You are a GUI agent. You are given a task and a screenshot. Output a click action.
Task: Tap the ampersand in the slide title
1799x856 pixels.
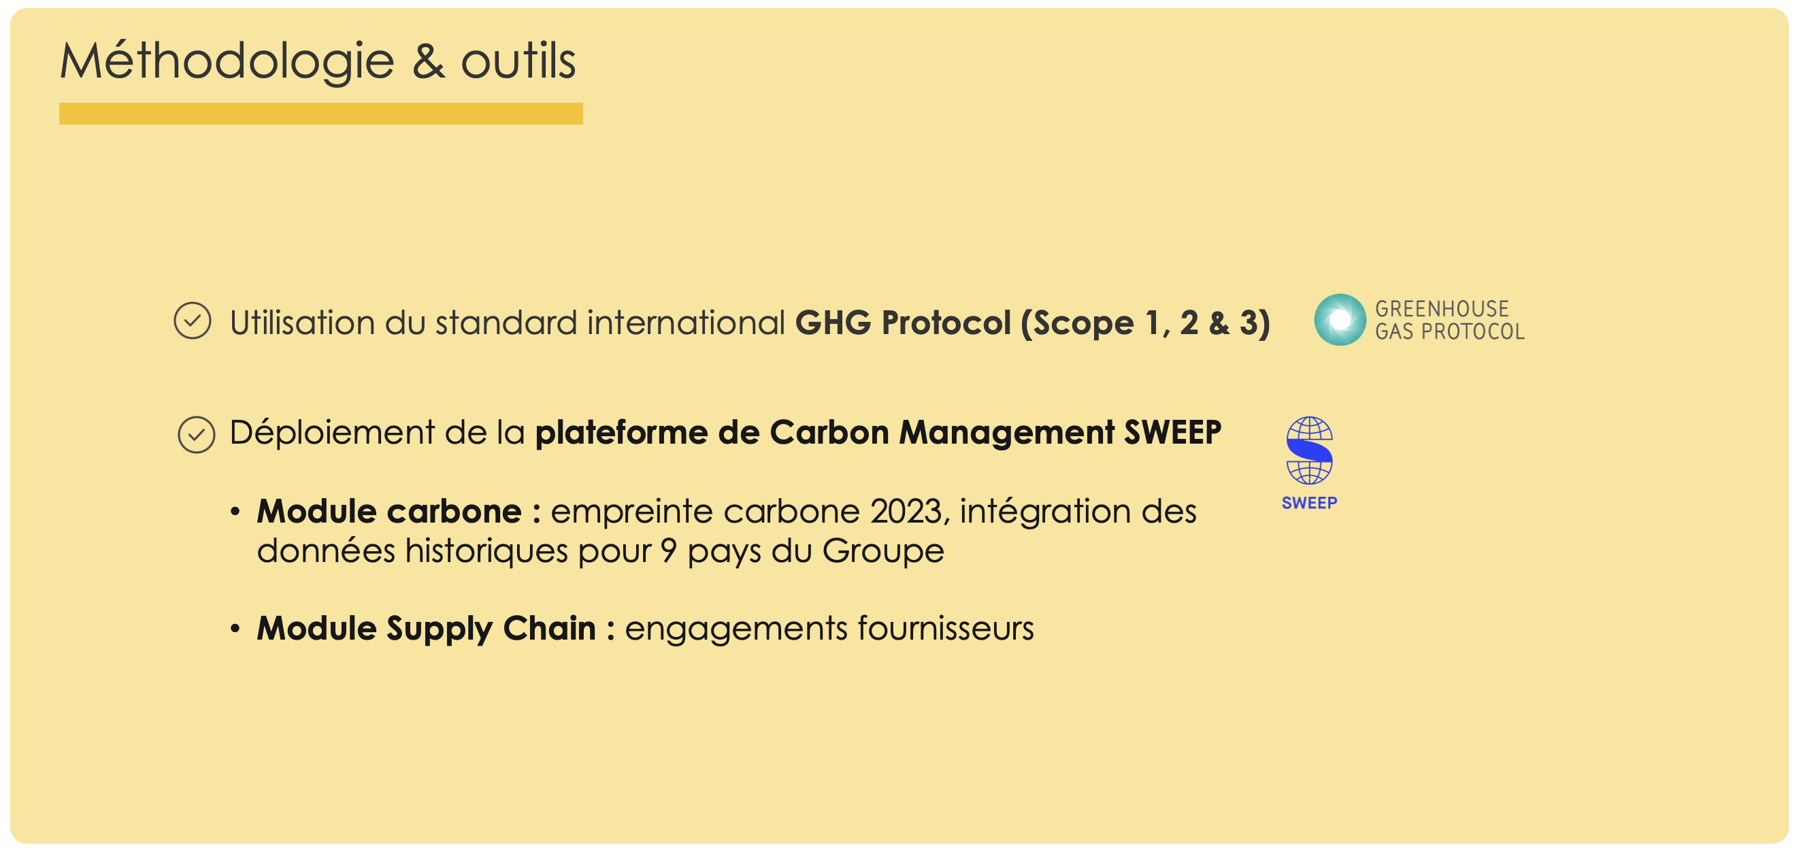[x=428, y=61]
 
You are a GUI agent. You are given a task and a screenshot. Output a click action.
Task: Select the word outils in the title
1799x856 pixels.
[x=518, y=61]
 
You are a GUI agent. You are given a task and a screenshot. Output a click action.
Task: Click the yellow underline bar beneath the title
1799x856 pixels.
[x=320, y=114]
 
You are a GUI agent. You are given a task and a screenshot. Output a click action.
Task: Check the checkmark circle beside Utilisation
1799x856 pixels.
[x=192, y=320]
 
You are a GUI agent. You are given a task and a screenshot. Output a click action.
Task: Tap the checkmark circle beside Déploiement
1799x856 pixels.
[x=196, y=435]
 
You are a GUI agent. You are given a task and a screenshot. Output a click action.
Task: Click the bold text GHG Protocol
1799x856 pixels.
[x=903, y=323]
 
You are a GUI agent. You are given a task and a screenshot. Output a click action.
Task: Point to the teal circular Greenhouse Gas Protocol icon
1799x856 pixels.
[x=1340, y=320]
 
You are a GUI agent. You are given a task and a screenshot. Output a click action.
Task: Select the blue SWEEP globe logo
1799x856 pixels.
[x=1309, y=450]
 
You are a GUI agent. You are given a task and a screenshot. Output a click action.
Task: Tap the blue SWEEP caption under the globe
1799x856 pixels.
[x=1309, y=503]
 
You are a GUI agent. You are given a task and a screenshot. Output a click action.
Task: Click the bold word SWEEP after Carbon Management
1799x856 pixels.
[x=1172, y=432]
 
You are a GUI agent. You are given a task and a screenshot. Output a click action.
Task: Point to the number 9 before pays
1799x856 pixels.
[x=668, y=551]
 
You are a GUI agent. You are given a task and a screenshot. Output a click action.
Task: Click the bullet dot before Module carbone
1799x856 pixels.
[x=235, y=512]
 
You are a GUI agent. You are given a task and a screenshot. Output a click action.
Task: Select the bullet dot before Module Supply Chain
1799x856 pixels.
[x=235, y=629]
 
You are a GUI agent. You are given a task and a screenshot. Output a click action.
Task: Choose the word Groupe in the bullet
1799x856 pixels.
[x=882, y=553]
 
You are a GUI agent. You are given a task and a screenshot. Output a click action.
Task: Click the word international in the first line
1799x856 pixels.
[x=686, y=323]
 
